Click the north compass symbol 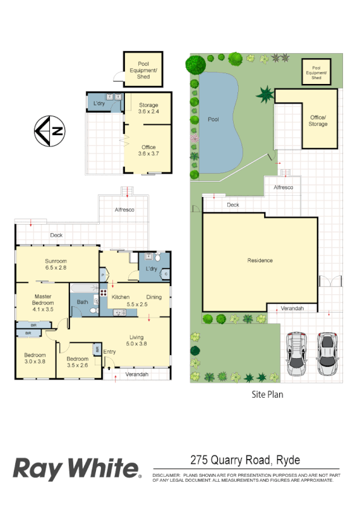(51, 131)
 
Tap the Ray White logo (76, 469)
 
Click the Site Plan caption (267, 395)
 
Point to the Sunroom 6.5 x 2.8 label (56, 265)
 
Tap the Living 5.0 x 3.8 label (137, 340)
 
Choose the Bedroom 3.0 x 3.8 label (35, 358)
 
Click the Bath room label (83, 302)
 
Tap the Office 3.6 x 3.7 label (148, 151)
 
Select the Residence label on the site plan (260, 260)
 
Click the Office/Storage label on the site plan (318, 121)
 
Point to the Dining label (153, 297)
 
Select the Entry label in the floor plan (109, 351)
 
